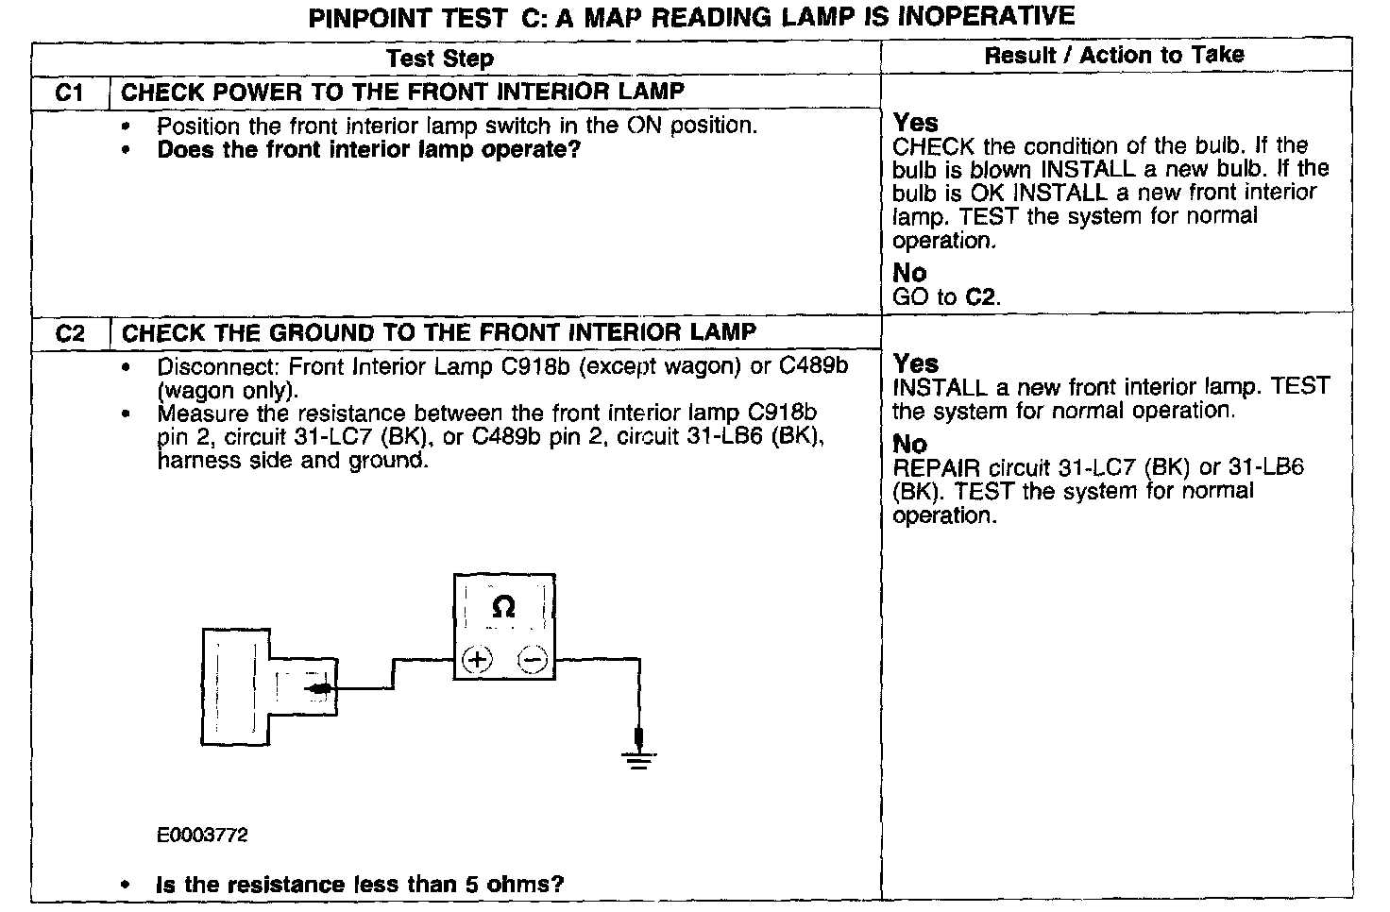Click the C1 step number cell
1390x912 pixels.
(x=70, y=93)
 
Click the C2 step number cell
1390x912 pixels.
(x=70, y=333)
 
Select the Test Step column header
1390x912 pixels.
(x=439, y=59)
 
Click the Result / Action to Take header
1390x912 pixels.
(x=1114, y=55)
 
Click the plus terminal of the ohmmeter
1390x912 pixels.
(x=478, y=659)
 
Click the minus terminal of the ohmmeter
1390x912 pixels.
(x=534, y=659)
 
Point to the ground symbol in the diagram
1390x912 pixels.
(x=639, y=758)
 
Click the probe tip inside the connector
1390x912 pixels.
(x=319, y=689)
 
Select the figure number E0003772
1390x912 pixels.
(x=202, y=836)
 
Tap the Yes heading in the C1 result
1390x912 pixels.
(x=915, y=123)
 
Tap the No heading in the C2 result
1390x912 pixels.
(x=909, y=444)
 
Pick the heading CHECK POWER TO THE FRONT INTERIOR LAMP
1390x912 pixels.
(x=403, y=92)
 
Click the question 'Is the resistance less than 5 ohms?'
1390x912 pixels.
(x=360, y=885)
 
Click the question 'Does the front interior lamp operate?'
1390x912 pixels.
(x=368, y=150)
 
